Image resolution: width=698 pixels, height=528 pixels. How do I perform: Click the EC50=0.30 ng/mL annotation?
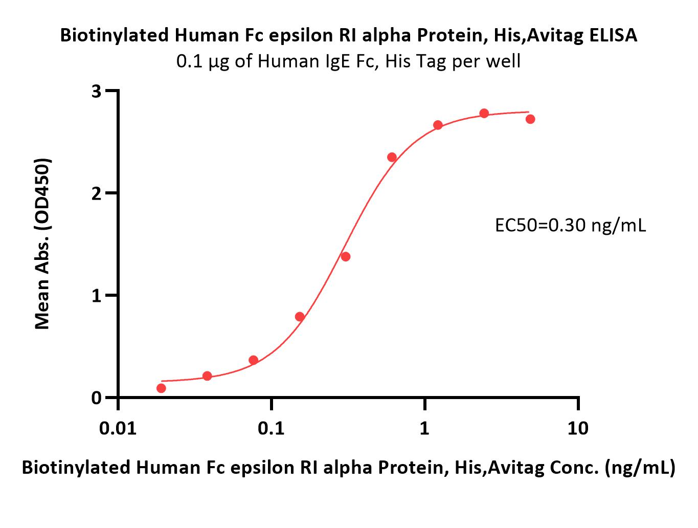click(570, 226)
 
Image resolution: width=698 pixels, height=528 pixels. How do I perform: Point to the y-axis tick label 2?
click(96, 193)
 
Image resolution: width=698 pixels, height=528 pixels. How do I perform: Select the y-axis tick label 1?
click(96, 296)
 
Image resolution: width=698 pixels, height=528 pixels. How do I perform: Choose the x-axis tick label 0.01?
click(118, 428)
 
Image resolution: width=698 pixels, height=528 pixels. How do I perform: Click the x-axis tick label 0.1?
click(271, 428)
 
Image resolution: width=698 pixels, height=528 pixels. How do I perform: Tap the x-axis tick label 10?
click(578, 428)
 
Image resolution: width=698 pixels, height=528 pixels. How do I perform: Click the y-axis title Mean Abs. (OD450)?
click(42, 244)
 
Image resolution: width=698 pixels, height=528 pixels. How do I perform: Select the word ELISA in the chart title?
click(614, 35)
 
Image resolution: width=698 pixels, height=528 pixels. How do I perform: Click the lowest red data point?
click(161, 388)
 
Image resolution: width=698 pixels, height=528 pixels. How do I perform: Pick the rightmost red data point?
click(530, 119)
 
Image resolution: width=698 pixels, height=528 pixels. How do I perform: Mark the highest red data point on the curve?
click(484, 113)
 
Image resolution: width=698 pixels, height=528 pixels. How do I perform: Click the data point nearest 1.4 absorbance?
click(346, 257)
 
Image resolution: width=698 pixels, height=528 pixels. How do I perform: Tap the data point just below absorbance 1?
click(300, 317)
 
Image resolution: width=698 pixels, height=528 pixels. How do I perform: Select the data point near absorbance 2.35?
click(392, 158)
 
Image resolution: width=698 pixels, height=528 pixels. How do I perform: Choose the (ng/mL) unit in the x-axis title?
click(640, 468)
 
